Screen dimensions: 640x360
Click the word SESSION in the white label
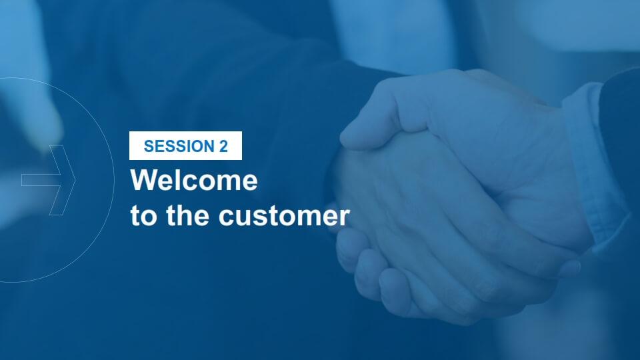pyautogui.click(x=179, y=146)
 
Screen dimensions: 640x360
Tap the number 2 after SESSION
pyautogui.click(x=223, y=146)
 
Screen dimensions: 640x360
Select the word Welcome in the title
pyautogui.click(x=194, y=179)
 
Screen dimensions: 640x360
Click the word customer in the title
pyautogui.click(x=284, y=216)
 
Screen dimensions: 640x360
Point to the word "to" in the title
pyautogui.click(x=144, y=216)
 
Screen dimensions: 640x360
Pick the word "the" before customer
pyautogui.click(x=188, y=215)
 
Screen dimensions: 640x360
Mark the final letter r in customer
pyautogui.click(x=345, y=217)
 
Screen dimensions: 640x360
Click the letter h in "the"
pyautogui.click(x=186, y=215)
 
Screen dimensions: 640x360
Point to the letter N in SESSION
pyautogui.click(x=208, y=146)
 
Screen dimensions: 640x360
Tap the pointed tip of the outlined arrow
pyautogui.click(x=75, y=180)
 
